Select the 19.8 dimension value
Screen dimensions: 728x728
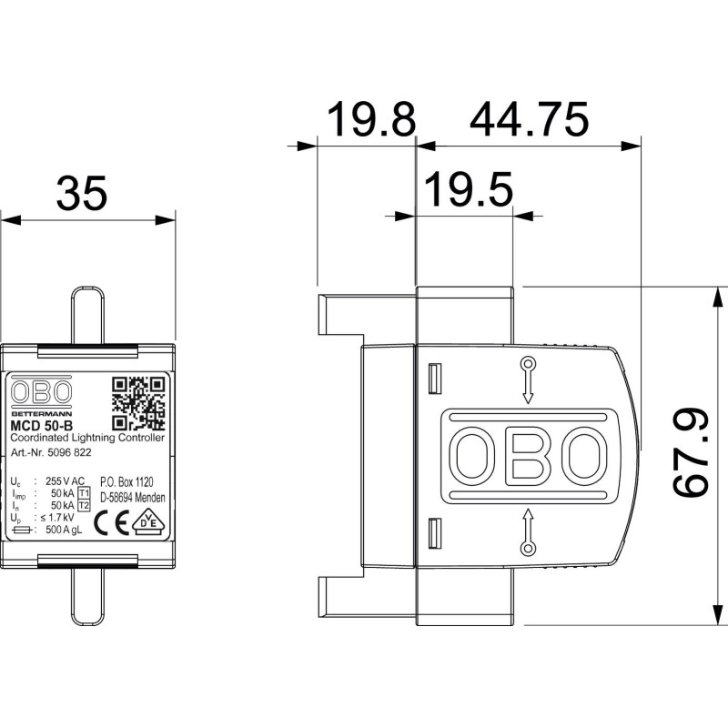point(370,119)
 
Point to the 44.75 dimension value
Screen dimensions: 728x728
point(530,119)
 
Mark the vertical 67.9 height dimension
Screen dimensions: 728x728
point(692,453)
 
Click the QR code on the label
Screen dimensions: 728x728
point(138,402)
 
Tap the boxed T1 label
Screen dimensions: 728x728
point(85,492)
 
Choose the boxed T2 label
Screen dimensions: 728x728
point(85,505)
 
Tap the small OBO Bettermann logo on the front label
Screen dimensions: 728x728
point(41,396)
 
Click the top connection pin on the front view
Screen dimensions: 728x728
point(87,315)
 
